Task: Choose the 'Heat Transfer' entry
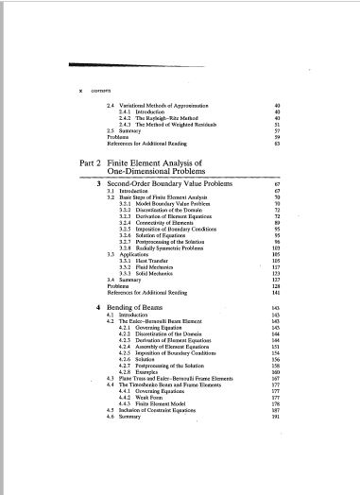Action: [x=156, y=261]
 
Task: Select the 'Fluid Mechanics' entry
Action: [x=159, y=267]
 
